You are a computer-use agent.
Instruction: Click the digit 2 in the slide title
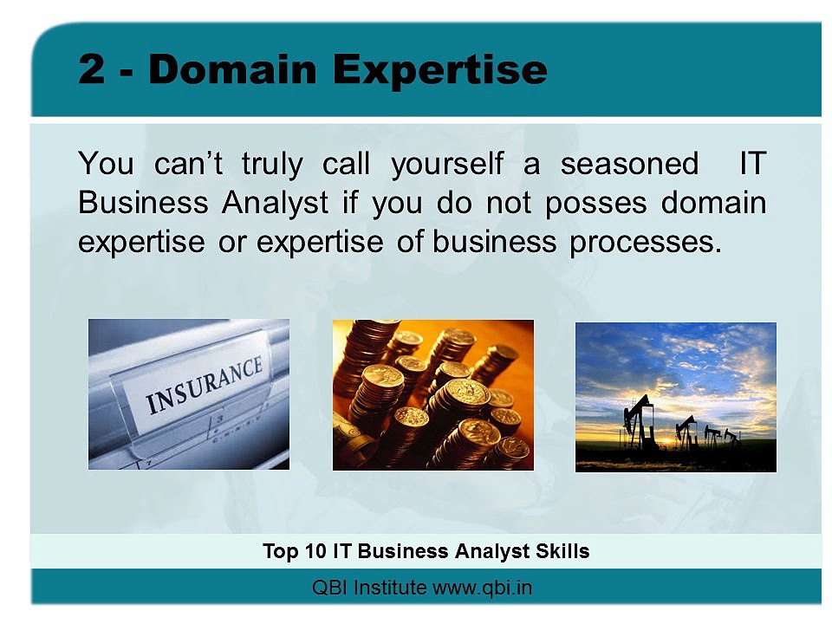pyautogui.click(x=91, y=69)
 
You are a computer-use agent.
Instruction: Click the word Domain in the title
pyautogui.click(x=232, y=69)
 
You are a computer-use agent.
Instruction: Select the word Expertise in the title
pyautogui.click(x=440, y=71)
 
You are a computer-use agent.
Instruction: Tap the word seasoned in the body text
pyautogui.click(x=629, y=164)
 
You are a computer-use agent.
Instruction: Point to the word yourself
pyautogui.click(x=447, y=164)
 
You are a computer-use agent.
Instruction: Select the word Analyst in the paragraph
pyautogui.click(x=276, y=203)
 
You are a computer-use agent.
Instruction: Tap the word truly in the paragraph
pyautogui.click(x=272, y=164)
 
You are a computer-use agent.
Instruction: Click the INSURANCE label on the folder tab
pyautogui.click(x=205, y=385)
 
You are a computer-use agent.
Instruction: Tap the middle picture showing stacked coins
pyautogui.click(x=433, y=395)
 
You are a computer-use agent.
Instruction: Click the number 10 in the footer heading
pyautogui.click(x=315, y=551)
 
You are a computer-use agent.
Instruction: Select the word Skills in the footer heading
pyautogui.click(x=562, y=551)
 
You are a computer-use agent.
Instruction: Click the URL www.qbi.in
pyautogui.click(x=483, y=588)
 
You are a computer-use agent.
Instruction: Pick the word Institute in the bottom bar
pyautogui.click(x=389, y=588)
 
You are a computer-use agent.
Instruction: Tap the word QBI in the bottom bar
pyautogui.click(x=329, y=588)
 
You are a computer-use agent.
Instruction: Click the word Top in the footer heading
pyautogui.click(x=281, y=552)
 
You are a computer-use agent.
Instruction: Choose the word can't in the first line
pyautogui.click(x=188, y=164)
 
